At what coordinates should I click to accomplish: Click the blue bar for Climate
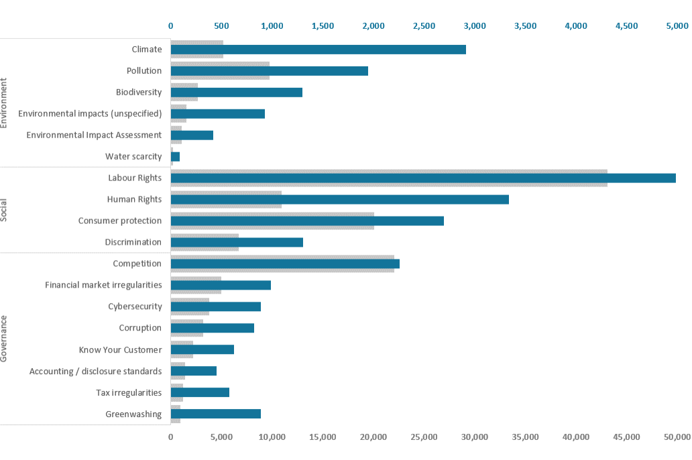click(x=319, y=50)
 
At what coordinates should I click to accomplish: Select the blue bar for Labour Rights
click(x=423, y=178)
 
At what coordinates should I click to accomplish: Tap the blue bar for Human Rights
click(x=340, y=199)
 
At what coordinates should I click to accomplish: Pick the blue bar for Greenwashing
click(x=216, y=414)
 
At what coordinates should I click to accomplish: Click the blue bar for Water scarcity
click(x=176, y=156)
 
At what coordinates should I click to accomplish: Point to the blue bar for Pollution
click(x=270, y=70)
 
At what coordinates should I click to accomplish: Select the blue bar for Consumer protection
click(x=307, y=221)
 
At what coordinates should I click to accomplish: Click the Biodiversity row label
click(x=139, y=92)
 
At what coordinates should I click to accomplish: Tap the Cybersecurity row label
click(x=135, y=306)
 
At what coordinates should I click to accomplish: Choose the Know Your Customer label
click(x=120, y=349)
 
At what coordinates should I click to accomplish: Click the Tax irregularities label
click(x=129, y=392)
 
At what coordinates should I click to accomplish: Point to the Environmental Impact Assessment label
click(x=94, y=135)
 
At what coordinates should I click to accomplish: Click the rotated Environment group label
click(x=4, y=103)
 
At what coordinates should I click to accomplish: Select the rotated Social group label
click(x=4, y=210)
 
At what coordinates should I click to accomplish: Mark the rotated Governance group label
click(x=4, y=339)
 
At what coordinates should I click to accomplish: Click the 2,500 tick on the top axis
click(x=424, y=26)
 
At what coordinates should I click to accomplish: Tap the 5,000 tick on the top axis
click(x=677, y=26)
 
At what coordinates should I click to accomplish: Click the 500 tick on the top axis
click(x=221, y=26)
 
